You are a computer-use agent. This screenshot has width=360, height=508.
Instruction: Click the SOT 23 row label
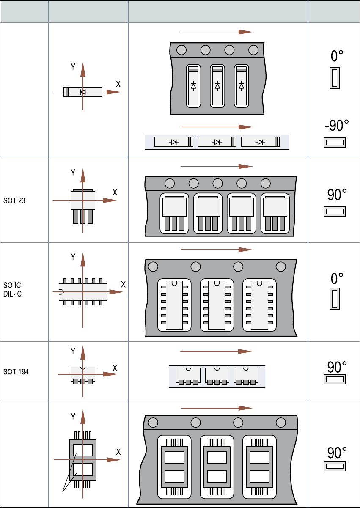coord(14,201)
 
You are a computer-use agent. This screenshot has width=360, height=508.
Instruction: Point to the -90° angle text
coord(337,126)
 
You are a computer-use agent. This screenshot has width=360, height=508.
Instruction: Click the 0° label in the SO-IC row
coord(337,278)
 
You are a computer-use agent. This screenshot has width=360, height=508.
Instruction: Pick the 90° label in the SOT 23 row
coord(337,195)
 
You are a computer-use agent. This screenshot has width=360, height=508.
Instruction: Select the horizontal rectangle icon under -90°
coord(335,143)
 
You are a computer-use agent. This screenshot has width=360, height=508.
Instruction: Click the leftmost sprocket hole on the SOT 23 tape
coord(170,184)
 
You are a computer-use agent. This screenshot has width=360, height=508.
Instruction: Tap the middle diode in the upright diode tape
coord(217,85)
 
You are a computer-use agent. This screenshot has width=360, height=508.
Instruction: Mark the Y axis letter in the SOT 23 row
coord(73,173)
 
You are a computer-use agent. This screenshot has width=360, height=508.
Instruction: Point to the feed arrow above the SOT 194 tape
coord(216,351)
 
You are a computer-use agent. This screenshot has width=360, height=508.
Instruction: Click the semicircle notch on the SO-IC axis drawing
coord(61,291)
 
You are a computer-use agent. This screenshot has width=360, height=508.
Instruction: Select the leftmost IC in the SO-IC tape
coord(174,305)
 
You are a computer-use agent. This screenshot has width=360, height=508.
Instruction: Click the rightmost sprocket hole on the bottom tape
coord(281,423)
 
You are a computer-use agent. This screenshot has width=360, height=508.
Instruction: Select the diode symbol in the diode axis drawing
coord(83,92)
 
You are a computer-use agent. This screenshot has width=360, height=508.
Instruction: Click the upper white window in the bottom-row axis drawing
coord(83,450)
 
